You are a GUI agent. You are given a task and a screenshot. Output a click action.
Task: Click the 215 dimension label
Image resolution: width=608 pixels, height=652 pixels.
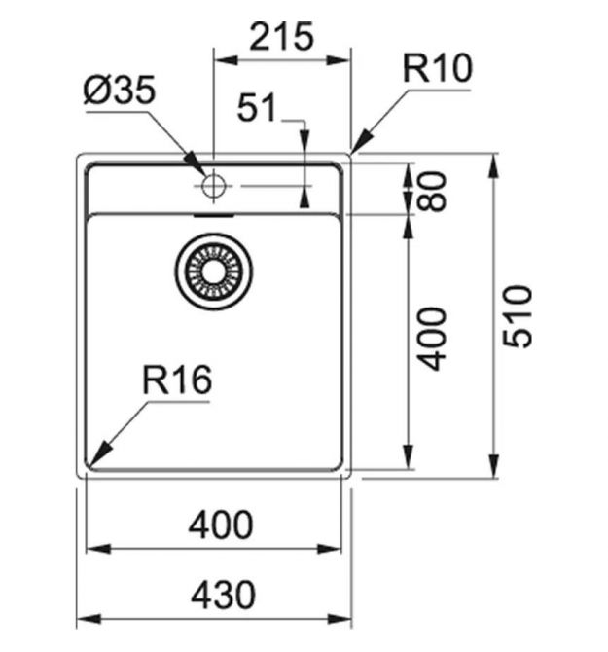[x=281, y=37]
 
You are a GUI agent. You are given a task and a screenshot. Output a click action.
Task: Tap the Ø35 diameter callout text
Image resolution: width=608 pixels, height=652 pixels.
[x=120, y=91]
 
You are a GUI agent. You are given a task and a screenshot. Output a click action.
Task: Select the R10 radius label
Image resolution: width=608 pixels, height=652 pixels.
[x=437, y=69]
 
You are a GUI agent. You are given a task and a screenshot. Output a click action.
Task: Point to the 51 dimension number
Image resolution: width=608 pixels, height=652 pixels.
[x=257, y=107]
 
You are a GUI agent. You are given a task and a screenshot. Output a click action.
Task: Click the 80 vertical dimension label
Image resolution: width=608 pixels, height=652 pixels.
[x=432, y=192]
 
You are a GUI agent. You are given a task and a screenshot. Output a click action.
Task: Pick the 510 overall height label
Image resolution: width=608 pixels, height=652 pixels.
[x=517, y=316]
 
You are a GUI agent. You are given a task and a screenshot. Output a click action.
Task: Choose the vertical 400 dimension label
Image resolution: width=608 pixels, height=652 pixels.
[x=431, y=339]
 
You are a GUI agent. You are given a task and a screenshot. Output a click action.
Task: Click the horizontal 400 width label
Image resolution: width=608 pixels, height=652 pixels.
[x=221, y=525]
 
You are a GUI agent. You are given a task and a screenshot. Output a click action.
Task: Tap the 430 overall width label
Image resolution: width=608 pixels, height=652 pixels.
[x=223, y=595]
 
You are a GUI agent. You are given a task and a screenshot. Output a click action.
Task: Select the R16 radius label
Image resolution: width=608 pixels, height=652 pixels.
[x=177, y=380]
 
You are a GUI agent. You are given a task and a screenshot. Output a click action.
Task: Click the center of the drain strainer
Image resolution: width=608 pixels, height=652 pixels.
[x=214, y=272]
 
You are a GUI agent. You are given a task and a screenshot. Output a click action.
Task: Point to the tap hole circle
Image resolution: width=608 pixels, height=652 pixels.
[x=214, y=186]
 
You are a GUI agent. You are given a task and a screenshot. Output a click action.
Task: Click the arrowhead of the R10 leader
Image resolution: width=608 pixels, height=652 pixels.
[x=359, y=141]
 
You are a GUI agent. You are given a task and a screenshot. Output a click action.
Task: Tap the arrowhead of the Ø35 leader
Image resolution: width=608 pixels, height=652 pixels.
[x=196, y=163]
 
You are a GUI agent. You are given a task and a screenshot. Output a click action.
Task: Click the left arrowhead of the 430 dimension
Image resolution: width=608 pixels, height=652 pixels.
[x=89, y=619]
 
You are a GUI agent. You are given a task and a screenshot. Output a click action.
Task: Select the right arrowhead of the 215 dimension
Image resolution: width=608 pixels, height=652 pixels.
[x=339, y=60]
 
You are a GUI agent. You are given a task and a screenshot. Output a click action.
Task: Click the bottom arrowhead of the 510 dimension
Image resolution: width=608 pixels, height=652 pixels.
[x=494, y=466]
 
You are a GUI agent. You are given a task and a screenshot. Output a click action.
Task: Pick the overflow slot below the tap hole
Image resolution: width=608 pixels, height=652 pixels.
[x=214, y=215]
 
